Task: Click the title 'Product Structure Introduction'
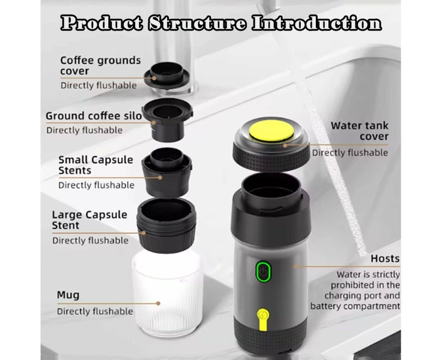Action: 221,24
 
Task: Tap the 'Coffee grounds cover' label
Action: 100,65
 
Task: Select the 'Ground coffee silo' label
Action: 94,116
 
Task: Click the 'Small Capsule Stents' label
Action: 97,165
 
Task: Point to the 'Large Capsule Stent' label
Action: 89,220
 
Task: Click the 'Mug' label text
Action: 68,295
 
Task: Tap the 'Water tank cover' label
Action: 359,131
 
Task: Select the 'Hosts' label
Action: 385,259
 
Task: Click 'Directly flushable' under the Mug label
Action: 95,311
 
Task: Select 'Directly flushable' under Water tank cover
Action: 350,152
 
